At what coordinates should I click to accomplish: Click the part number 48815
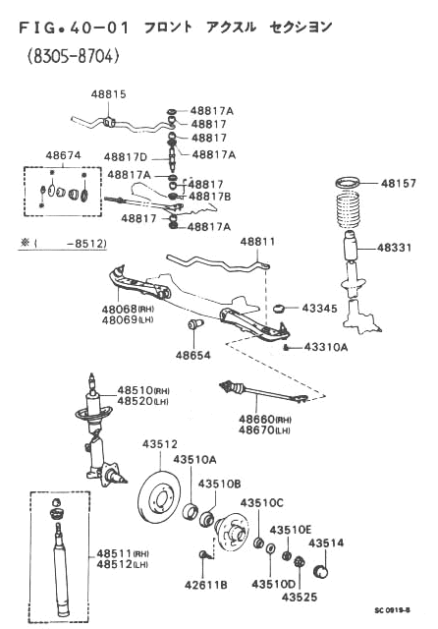point(108,94)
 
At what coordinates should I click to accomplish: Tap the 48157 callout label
point(398,184)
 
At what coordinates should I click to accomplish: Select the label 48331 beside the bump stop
point(395,248)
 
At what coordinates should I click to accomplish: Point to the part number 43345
point(319,308)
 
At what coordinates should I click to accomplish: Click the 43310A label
point(326,347)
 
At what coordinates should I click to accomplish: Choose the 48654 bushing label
point(193,355)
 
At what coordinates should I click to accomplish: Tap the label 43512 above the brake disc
point(160,444)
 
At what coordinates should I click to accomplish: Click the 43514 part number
point(326,543)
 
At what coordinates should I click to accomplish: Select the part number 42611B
point(206,586)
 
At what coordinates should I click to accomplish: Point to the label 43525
point(299,598)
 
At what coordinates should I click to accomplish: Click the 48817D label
point(126,157)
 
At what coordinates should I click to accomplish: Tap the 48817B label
point(209,197)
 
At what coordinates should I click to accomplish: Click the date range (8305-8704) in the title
point(74,57)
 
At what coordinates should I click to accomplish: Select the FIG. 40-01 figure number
point(75,28)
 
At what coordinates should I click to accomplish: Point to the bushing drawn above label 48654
point(196,323)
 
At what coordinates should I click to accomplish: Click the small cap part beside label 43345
point(279,309)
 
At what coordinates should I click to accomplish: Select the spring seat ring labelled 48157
point(348,184)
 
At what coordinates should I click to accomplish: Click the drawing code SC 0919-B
point(392,610)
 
